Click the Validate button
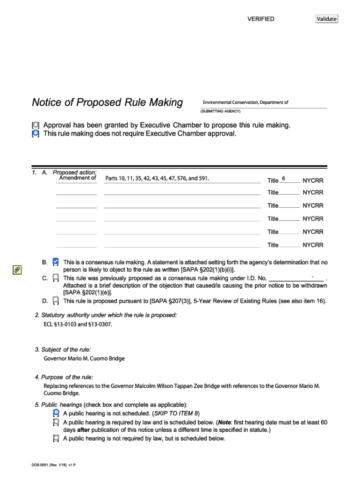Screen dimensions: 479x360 click(x=326, y=19)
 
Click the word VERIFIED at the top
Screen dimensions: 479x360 click(x=260, y=19)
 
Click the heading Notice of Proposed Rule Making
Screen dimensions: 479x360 click(x=107, y=102)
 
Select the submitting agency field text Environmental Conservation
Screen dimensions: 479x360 click(x=245, y=102)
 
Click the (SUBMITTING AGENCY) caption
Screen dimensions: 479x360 click(x=220, y=111)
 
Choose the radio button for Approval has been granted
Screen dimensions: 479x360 click(x=36, y=125)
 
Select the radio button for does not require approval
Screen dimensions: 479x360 click(x=36, y=134)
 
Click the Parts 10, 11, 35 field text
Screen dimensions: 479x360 click(x=157, y=178)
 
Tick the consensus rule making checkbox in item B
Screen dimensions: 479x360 click(x=56, y=261)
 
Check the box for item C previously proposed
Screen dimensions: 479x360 click(x=56, y=278)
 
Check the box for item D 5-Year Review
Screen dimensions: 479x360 click(x=56, y=300)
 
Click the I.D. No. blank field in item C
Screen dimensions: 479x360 click(x=296, y=278)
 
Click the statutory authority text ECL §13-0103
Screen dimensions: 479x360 click(x=78, y=324)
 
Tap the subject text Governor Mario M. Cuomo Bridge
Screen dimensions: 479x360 click(x=84, y=359)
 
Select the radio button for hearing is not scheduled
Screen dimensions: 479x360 click(x=56, y=413)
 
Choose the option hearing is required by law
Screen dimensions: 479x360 click(x=56, y=422)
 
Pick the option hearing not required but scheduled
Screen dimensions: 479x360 click(x=56, y=439)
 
